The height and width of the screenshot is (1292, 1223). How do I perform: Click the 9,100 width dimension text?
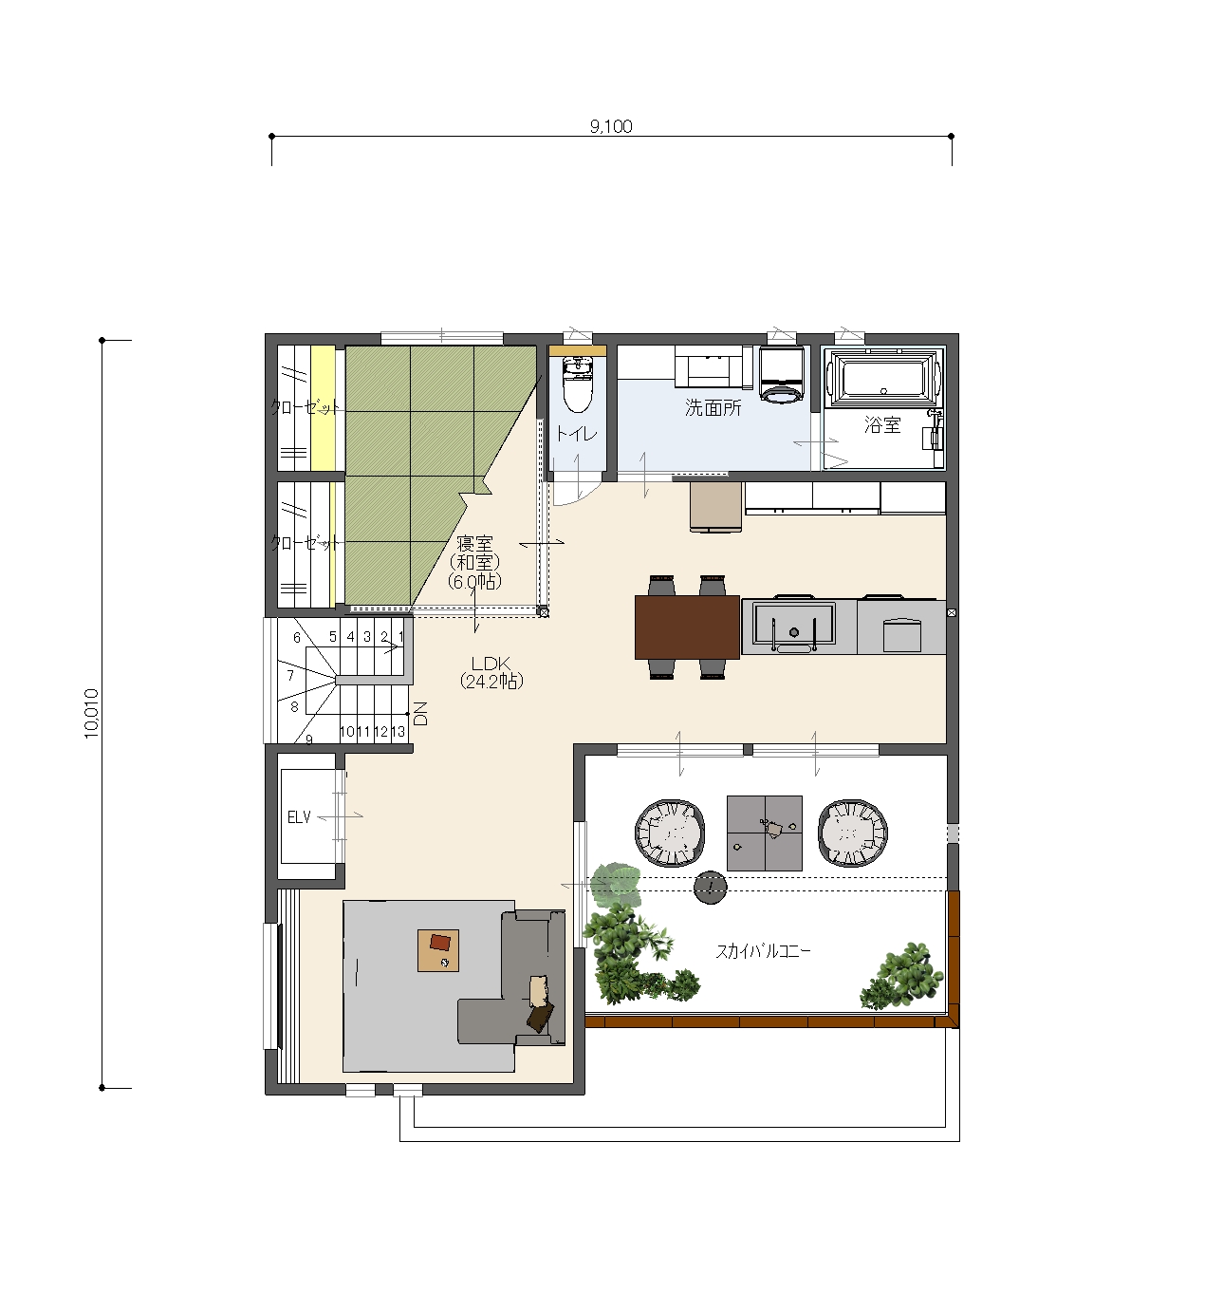(611, 126)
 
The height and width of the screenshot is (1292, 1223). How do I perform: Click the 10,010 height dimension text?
(91, 713)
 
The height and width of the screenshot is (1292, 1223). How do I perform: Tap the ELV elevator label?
(299, 816)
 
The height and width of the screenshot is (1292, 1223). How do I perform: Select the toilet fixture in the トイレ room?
(578, 385)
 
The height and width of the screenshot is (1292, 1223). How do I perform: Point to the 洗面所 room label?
(713, 408)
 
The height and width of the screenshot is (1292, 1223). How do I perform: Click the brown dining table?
(688, 627)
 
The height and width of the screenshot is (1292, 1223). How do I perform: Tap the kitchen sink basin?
(794, 625)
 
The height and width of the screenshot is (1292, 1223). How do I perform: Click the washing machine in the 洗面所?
(782, 373)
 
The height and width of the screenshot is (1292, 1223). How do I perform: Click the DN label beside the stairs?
(421, 713)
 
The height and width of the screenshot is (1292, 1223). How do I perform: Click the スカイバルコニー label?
(763, 951)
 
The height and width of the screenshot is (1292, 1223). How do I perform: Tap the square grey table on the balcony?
(765, 833)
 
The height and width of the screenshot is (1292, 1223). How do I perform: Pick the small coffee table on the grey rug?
(438, 950)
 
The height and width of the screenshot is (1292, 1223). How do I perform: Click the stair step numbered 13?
(398, 732)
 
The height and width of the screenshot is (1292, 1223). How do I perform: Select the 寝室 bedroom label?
(474, 544)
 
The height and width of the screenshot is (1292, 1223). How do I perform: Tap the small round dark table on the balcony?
(710, 888)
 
